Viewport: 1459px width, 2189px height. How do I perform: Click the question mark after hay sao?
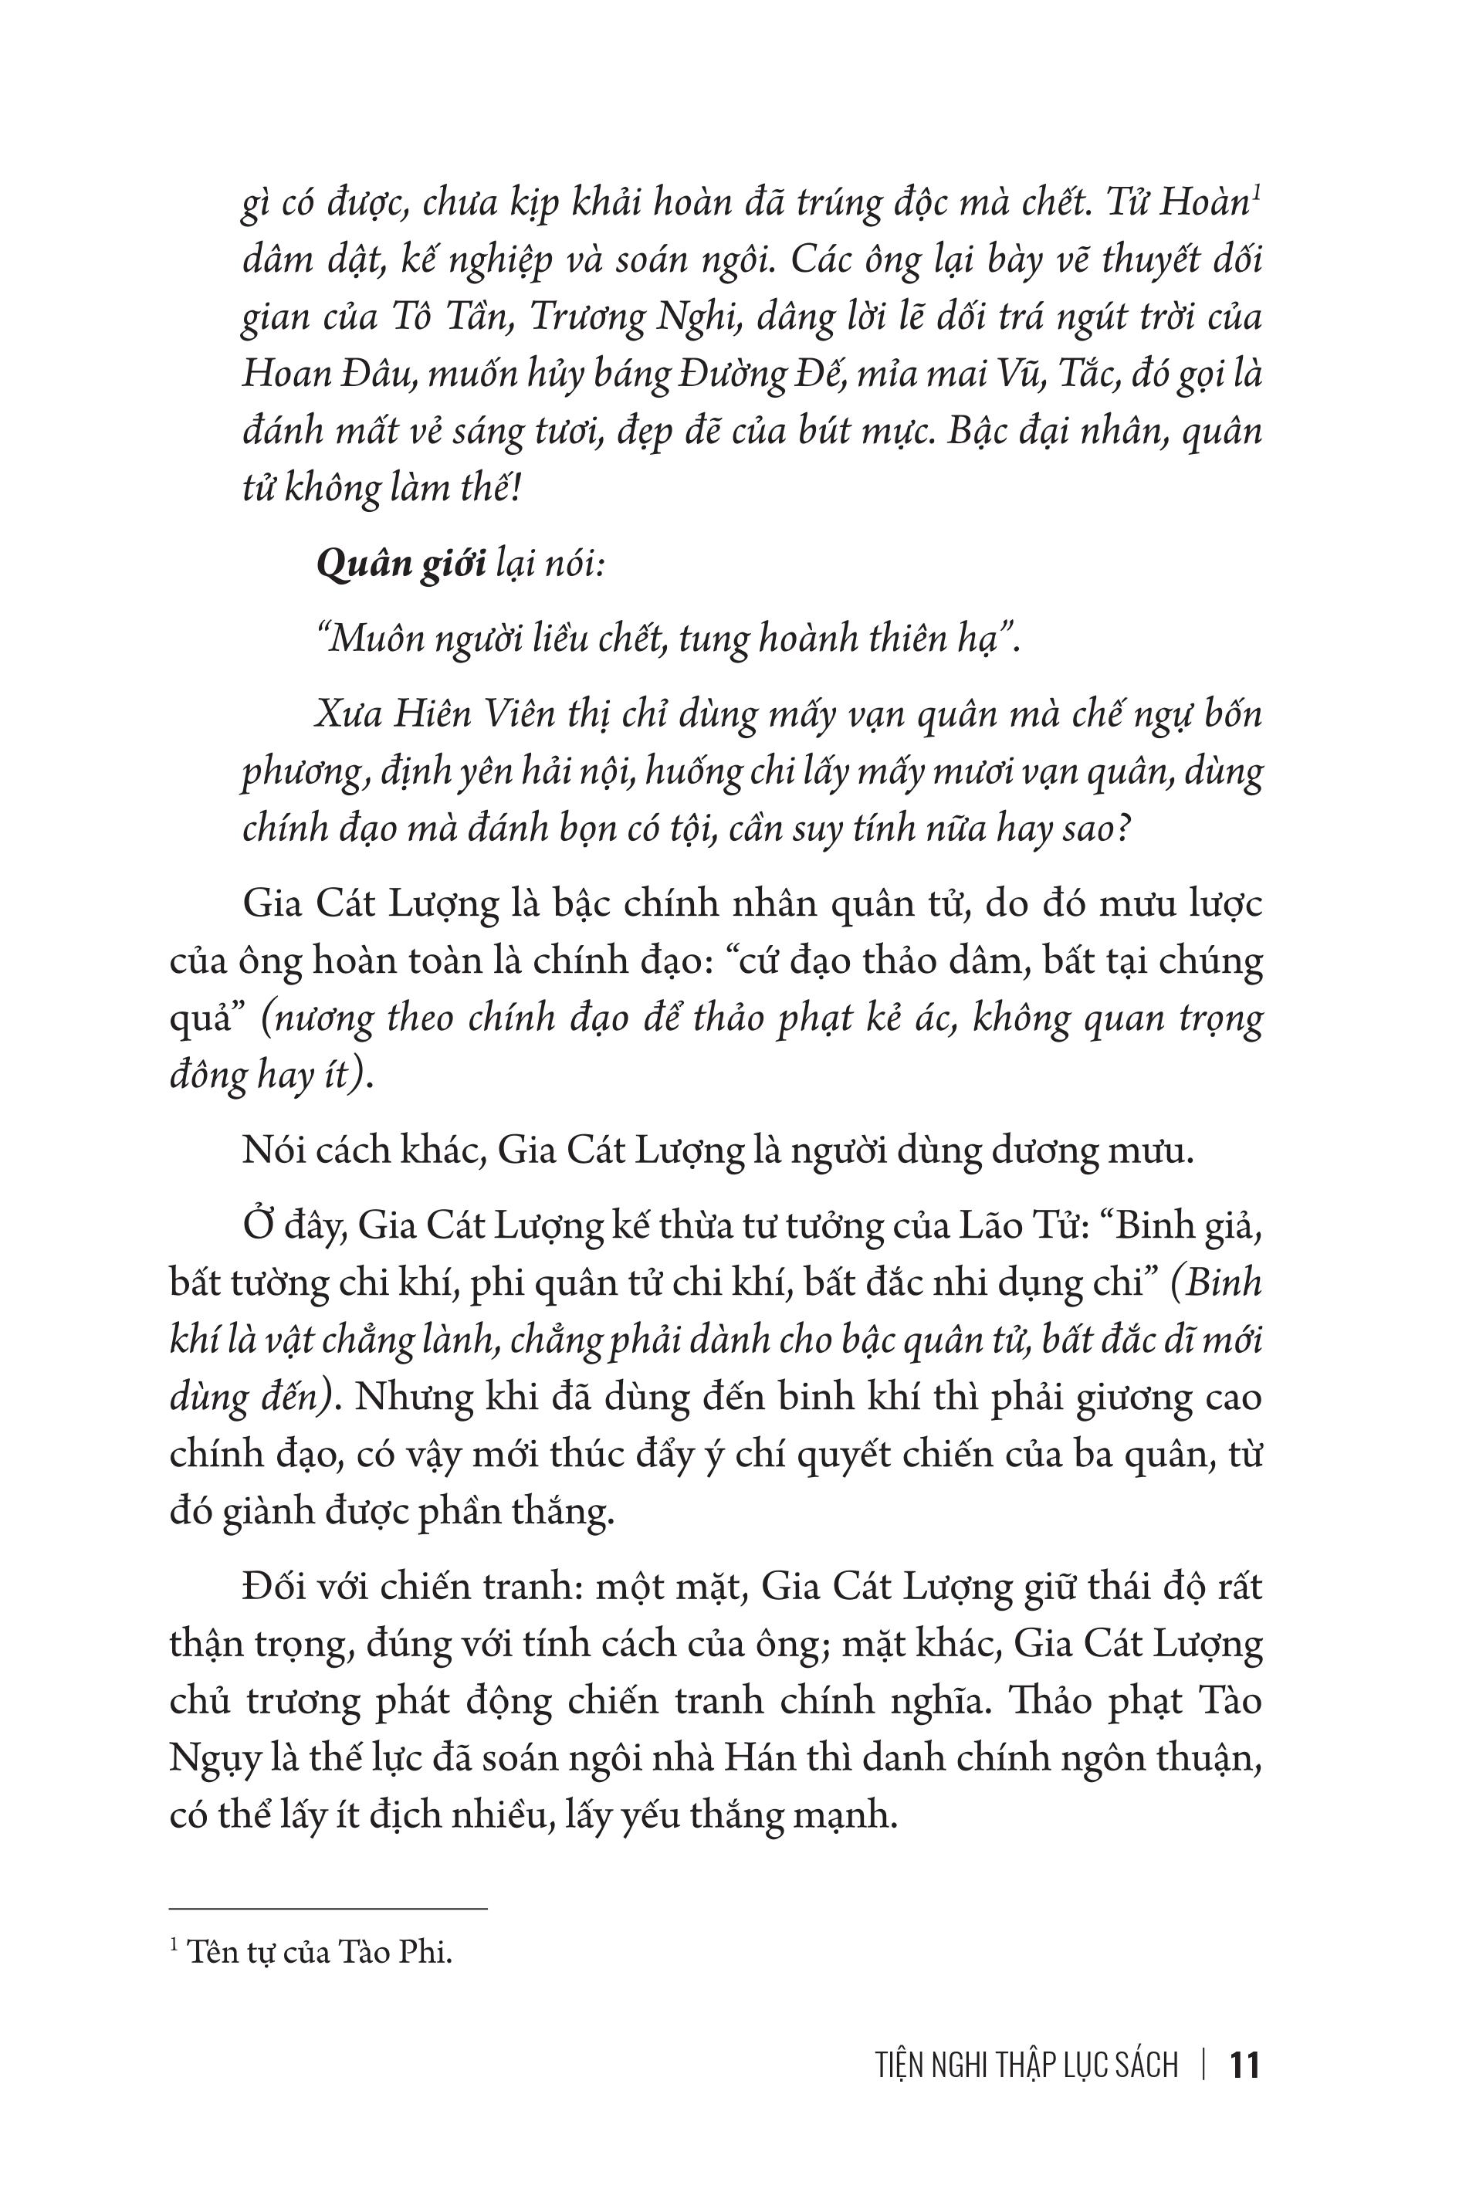coord(1122,828)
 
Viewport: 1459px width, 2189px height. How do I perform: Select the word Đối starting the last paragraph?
coord(273,1586)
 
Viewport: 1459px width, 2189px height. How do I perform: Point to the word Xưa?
coord(345,715)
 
